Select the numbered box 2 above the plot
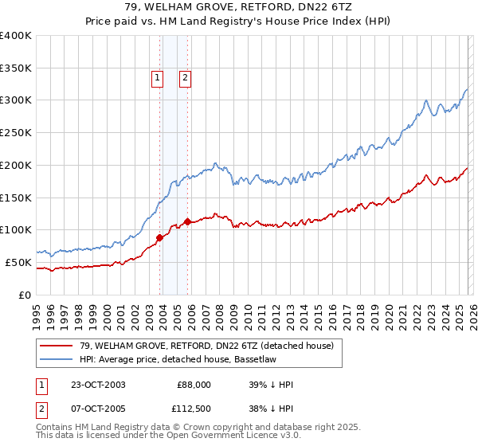tap(185, 78)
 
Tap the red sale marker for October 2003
tap(160, 237)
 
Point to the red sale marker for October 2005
tap(187, 221)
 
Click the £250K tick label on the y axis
tap(15, 132)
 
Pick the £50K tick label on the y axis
tap(18, 262)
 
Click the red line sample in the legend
tap(56, 345)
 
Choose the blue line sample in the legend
tap(56, 358)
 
